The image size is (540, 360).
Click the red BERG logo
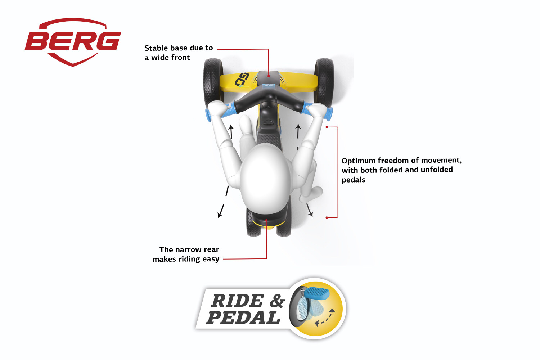coord(73,42)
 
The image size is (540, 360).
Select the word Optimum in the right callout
coord(359,161)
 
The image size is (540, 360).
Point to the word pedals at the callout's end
coord(354,180)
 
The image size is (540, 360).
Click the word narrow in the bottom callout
coord(190,249)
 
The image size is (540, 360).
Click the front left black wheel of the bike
coord(213,82)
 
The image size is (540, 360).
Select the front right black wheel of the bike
coord(324,82)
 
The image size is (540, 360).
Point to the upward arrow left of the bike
coord(231,132)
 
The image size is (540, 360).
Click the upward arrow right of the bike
coord(298,131)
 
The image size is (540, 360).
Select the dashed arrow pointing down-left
coord(224,202)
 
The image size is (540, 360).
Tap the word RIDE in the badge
coord(237,301)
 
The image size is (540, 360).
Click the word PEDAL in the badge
coord(243,318)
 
